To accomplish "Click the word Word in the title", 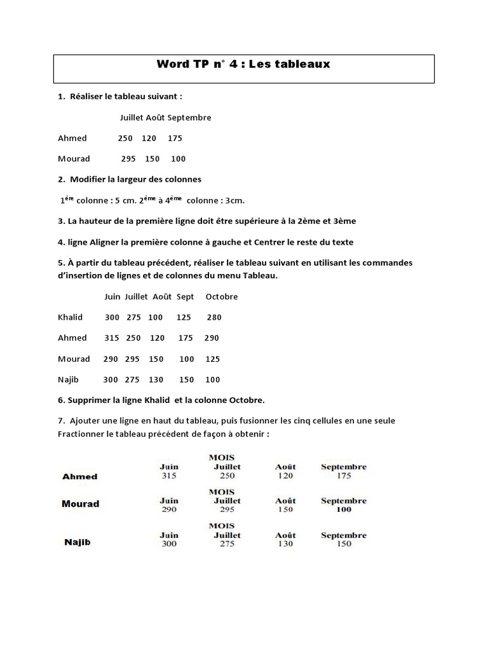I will coord(173,64).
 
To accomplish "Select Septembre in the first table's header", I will coord(189,118).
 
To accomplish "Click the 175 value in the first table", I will coord(175,138).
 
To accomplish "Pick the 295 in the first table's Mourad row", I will coord(128,158).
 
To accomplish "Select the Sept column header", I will coord(185,297).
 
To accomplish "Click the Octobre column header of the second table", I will coord(222,297).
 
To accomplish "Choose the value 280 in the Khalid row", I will coord(214,317).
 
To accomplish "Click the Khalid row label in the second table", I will coord(70,317).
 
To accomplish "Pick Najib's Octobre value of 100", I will coord(212,380).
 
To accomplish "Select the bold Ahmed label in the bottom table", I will coord(79,476).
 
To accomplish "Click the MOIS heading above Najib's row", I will coord(221,526).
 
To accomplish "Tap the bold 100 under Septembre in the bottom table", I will coord(344,509).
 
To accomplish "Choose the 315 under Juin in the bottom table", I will coord(168,476).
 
